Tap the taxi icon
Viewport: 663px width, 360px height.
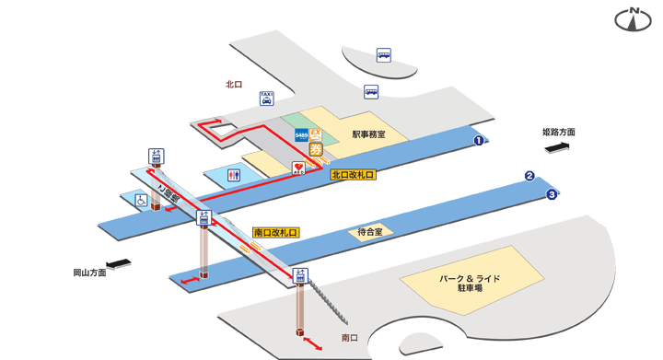(266, 99)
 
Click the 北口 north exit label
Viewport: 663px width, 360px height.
(234, 84)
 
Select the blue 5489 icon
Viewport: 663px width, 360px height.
(301, 135)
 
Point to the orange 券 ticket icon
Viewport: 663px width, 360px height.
(316, 150)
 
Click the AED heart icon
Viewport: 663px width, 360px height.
(298, 168)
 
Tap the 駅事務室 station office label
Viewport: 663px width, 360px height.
(368, 134)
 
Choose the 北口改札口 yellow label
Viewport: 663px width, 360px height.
(354, 172)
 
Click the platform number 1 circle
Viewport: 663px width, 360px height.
(479, 141)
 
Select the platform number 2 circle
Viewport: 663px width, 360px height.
(529, 176)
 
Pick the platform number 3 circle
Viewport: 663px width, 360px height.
(552, 193)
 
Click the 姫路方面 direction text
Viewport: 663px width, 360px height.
(558, 133)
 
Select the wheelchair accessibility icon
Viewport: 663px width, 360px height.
(143, 199)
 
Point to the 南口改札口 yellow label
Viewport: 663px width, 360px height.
(275, 234)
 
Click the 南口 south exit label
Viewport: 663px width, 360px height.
(349, 338)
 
